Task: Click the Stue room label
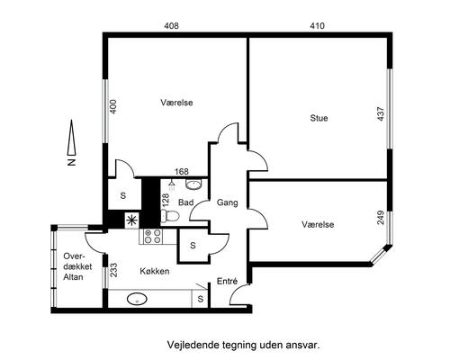(319, 118)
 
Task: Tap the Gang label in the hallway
(227, 203)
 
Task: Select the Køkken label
(155, 271)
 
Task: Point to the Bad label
(186, 202)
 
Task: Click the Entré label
(227, 281)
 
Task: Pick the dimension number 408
(171, 26)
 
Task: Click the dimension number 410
(317, 26)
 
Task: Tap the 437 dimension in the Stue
(381, 114)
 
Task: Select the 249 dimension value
(381, 218)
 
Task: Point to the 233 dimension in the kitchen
(113, 270)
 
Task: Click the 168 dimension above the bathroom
(182, 171)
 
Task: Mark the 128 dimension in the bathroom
(166, 200)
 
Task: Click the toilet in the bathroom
(170, 215)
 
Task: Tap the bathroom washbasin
(193, 184)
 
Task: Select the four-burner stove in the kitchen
(152, 236)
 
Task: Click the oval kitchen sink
(137, 299)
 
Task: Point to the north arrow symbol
(71, 137)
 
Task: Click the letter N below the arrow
(71, 162)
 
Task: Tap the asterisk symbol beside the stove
(131, 220)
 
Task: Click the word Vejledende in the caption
(193, 345)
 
